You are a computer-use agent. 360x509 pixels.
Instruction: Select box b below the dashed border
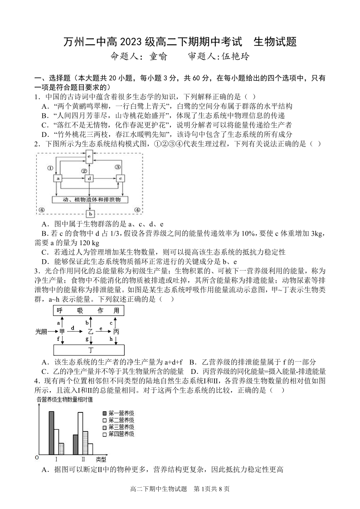pyautogui.click(x=90, y=213)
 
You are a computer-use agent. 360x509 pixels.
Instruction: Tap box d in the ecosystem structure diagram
pyautogui.click(x=89, y=179)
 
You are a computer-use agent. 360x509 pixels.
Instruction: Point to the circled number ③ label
pyautogui.click(x=117, y=167)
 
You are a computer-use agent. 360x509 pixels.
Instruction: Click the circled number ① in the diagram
pyautogui.click(x=50, y=167)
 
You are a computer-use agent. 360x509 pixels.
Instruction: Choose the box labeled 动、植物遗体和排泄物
pyautogui.click(x=90, y=199)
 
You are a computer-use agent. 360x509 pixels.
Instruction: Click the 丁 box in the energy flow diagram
pyautogui.click(x=89, y=350)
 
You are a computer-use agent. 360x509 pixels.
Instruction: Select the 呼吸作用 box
pyautogui.click(x=89, y=310)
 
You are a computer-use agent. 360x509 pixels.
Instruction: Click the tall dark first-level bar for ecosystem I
pyautogui.click(x=51, y=432)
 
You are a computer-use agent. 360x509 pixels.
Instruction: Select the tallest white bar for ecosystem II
pyautogui.click(x=80, y=433)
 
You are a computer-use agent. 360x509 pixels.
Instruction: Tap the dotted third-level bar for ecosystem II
pyautogui.click(x=85, y=442)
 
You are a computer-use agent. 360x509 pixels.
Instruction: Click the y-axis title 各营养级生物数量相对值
pyautogui.click(x=64, y=399)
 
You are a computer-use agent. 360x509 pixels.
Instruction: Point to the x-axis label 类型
pyautogui.click(x=101, y=460)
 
